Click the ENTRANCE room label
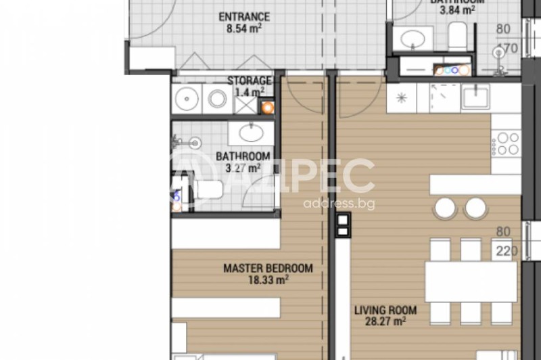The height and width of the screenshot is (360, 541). pos(243,17)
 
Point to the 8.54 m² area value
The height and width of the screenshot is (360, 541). pos(243,29)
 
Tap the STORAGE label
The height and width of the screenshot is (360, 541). pos(249,81)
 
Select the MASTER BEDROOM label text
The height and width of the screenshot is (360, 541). pos(268,268)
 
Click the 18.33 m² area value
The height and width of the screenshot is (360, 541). pos(268,279)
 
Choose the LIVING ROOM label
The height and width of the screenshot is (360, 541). pos(385,311)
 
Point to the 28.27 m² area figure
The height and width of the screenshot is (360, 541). pos(385,323)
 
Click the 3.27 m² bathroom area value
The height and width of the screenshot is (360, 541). pos(238,168)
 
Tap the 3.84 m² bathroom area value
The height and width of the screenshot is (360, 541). pos(457,10)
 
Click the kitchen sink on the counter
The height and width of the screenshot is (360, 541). pos(479,98)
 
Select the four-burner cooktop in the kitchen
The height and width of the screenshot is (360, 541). pos(506,143)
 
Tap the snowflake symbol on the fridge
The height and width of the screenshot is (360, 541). pos(402,98)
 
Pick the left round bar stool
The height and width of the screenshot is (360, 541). pos(446,208)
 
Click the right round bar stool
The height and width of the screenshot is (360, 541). pos(475,208)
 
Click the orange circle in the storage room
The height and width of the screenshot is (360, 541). pos(268,106)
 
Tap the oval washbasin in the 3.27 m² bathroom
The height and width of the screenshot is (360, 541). pos(255,131)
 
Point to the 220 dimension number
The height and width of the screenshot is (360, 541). pos(506,252)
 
